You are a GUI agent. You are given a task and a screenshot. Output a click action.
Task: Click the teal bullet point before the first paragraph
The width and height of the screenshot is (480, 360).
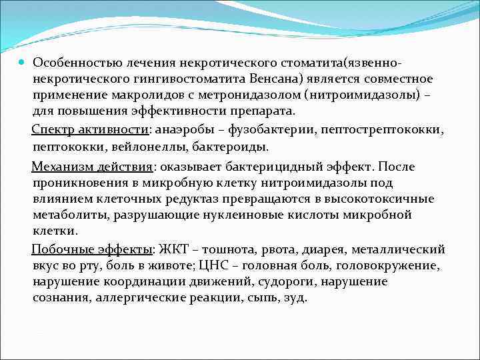point(23,62)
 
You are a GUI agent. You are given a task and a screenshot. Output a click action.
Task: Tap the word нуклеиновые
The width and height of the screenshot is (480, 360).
point(283,215)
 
